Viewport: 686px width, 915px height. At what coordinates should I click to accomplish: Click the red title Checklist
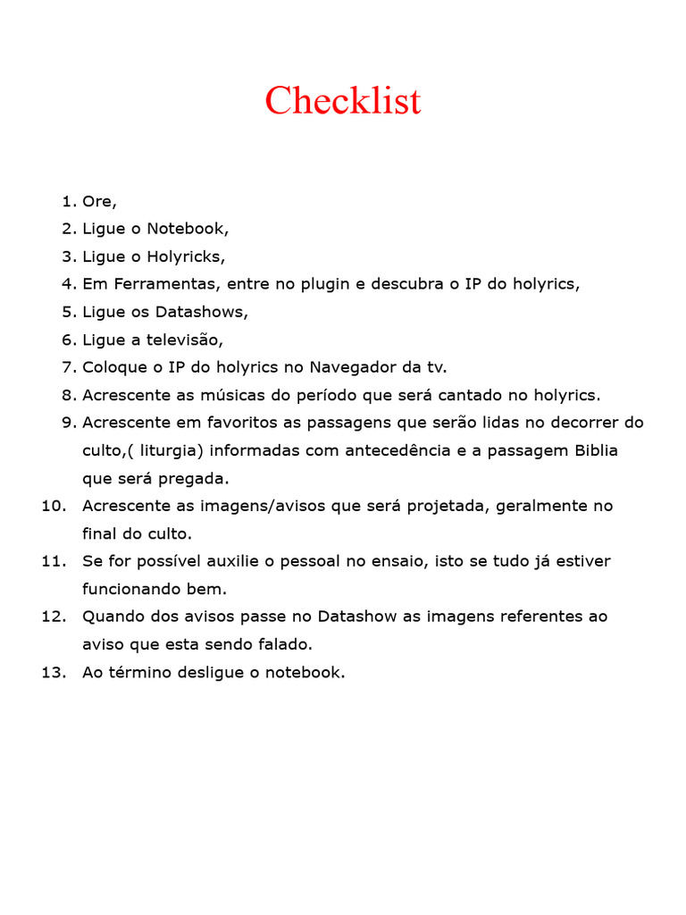[342, 100]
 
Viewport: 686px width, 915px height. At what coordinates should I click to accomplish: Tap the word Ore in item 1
[96, 201]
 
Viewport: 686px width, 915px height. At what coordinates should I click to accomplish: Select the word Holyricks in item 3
[185, 256]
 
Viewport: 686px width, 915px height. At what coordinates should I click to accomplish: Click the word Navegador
[354, 367]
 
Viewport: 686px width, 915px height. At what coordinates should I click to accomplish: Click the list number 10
[54, 506]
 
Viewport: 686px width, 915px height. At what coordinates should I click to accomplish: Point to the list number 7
[70, 367]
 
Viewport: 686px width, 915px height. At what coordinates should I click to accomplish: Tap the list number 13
[54, 672]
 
